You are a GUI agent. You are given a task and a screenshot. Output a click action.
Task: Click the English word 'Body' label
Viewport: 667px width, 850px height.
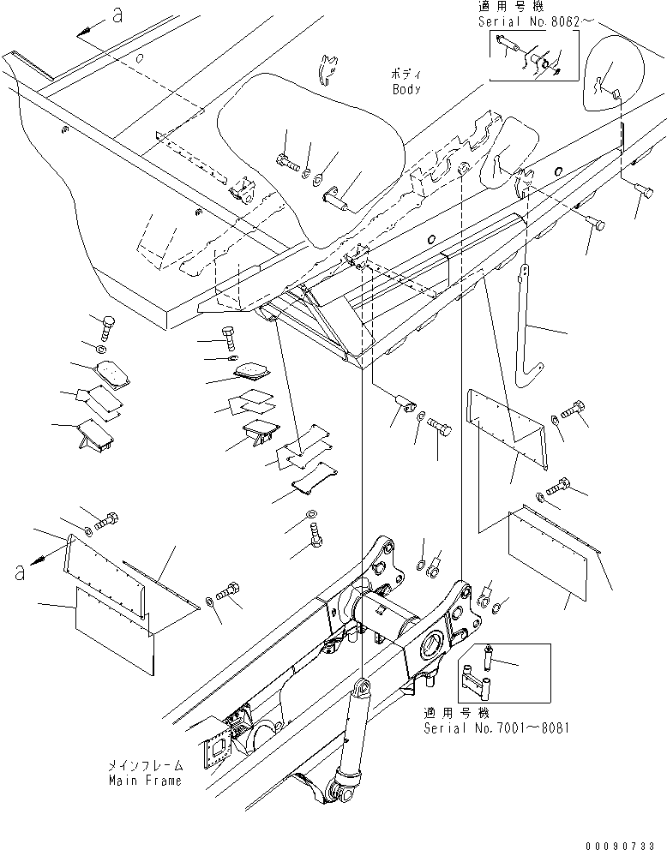tap(407, 89)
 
